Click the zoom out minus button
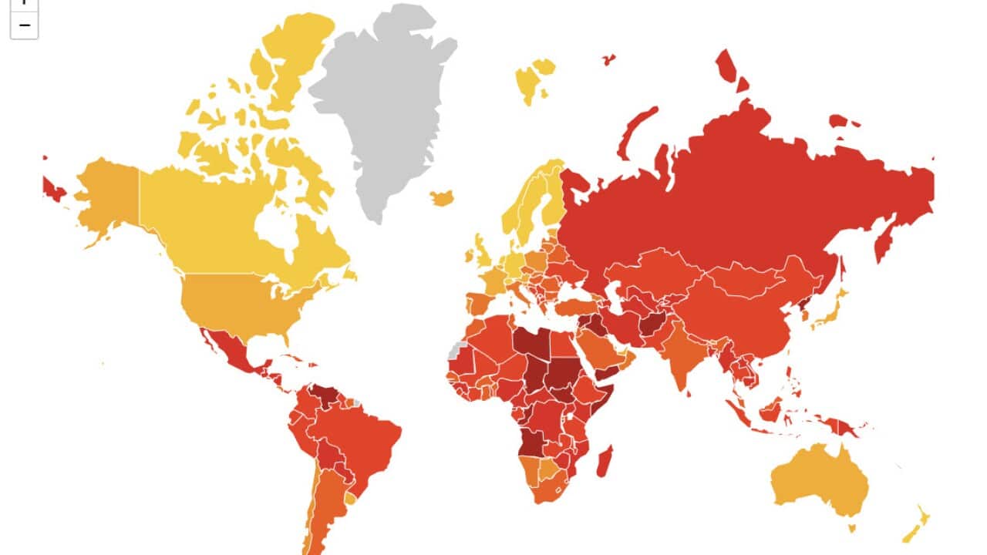point(24,25)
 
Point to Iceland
point(442,198)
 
